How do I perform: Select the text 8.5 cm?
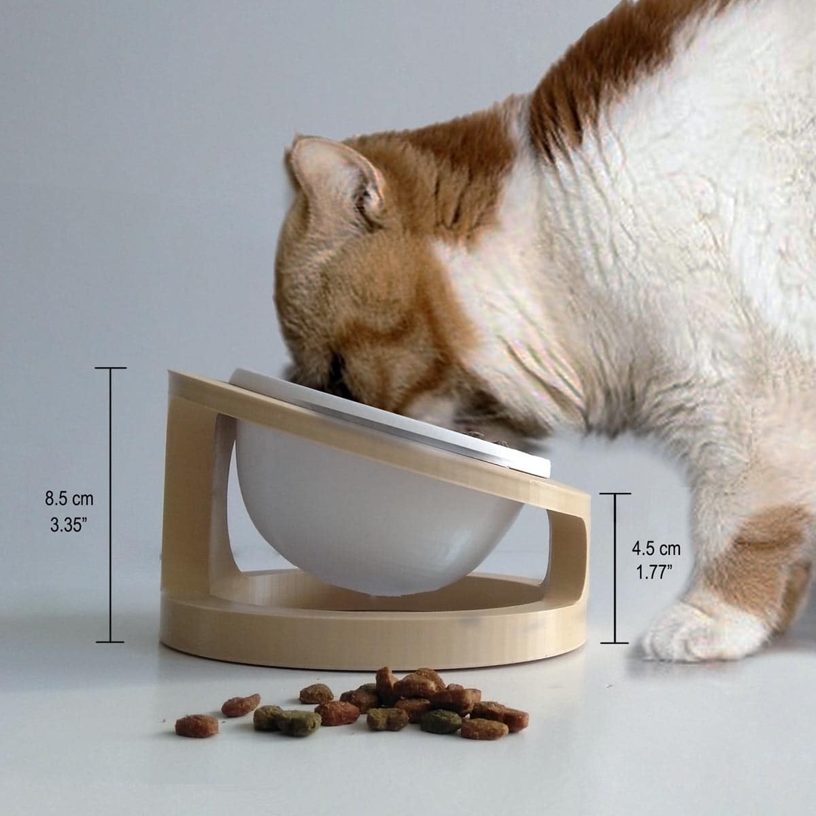point(69,499)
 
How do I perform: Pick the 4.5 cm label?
point(656,549)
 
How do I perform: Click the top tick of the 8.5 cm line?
point(111,368)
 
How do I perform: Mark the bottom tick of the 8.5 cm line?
point(110,642)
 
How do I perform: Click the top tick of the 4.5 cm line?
point(615,494)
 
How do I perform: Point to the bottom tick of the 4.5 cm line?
point(615,643)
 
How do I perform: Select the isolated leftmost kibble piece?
point(197,726)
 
